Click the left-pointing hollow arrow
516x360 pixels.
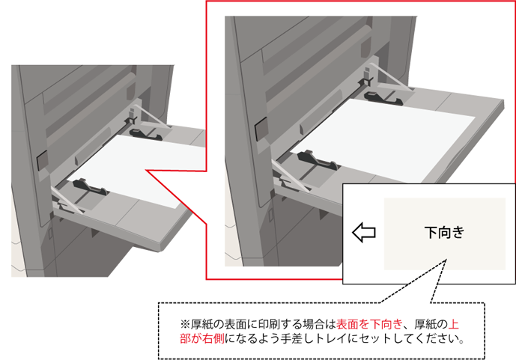364,233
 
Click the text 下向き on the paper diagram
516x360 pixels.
445,233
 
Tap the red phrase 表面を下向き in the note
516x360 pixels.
369,325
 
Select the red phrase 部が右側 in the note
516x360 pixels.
202,338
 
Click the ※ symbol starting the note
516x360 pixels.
185,325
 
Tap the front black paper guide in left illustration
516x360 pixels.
91,187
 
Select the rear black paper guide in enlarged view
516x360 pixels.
383,97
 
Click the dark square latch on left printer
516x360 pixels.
42,160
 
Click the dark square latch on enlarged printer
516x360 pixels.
261,129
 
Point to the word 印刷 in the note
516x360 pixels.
269,325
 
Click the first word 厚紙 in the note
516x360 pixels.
201,325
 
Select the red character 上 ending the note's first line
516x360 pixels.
454,325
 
